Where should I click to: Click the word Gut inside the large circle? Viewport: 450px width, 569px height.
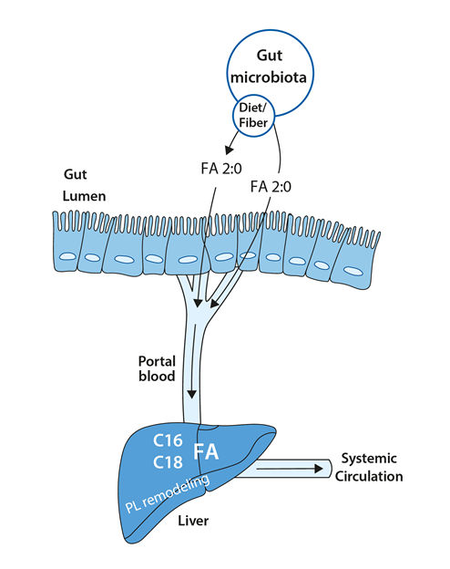coord(270,56)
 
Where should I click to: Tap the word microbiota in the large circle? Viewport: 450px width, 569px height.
coord(269,78)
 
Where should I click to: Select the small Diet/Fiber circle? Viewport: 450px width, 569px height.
coord(254,116)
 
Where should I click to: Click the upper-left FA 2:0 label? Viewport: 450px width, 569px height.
coord(221,169)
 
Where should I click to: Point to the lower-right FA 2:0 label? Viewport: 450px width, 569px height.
coord(271,187)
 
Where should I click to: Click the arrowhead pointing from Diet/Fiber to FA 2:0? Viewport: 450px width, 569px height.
coord(229,150)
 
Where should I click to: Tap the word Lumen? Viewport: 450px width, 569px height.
coord(84,196)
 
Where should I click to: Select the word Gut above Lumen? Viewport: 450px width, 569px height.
coord(76,174)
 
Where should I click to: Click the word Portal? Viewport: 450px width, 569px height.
coord(157,361)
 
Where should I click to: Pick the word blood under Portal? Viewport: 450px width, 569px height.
coord(157,376)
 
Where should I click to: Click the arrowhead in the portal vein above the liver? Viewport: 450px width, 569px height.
coord(192,395)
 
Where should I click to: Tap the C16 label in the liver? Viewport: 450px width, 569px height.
coord(168,440)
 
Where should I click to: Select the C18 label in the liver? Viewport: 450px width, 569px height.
coord(168,462)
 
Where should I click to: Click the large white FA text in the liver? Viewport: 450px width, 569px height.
coord(206,451)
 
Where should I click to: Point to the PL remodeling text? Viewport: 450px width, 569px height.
coord(168,493)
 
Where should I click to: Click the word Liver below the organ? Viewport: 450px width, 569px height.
coord(193,521)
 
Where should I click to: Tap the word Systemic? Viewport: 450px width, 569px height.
coord(369,459)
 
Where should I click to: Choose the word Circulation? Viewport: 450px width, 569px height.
coord(369,476)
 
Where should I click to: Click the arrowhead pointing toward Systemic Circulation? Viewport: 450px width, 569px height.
coord(319,469)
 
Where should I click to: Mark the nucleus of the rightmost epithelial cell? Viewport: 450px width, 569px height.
coord(353,271)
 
